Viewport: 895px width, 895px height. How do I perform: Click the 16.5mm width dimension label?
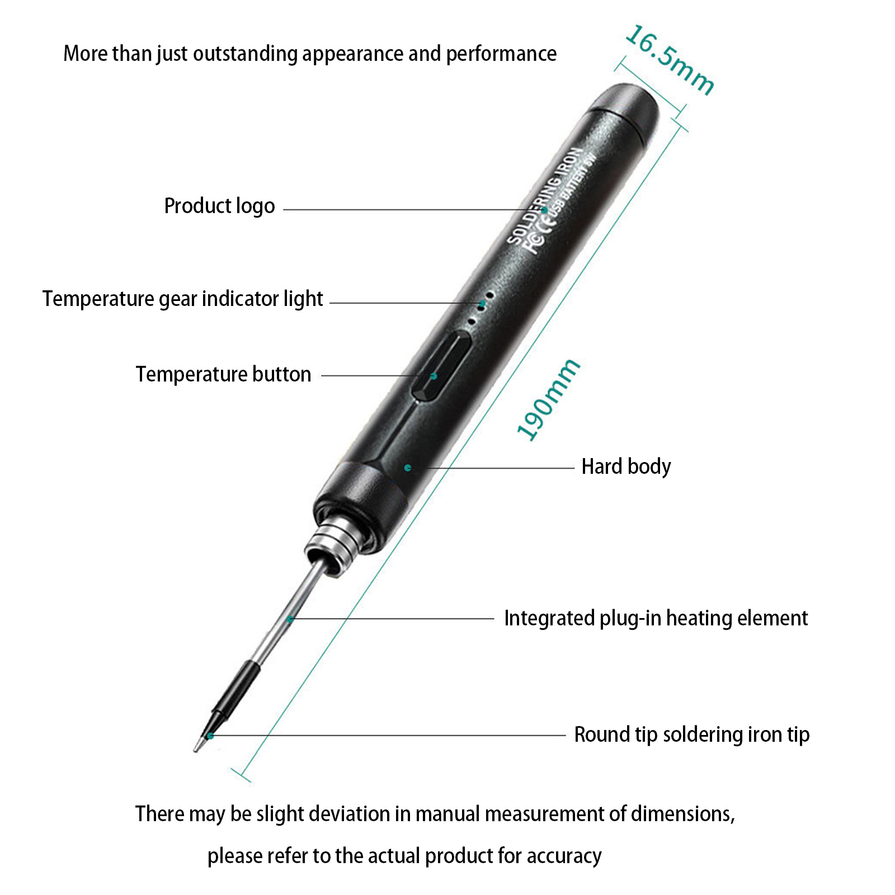pyautogui.click(x=670, y=60)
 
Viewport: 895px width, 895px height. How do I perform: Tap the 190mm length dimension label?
pyautogui.click(x=548, y=400)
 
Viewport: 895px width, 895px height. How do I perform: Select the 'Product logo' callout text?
pyautogui.click(x=219, y=206)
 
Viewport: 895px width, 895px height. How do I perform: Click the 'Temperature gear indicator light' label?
pyautogui.click(x=183, y=299)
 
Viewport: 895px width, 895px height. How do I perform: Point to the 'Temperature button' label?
pyautogui.click(x=223, y=374)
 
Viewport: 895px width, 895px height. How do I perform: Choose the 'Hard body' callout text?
pyautogui.click(x=626, y=467)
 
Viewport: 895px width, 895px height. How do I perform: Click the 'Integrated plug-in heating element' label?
pyautogui.click(x=656, y=619)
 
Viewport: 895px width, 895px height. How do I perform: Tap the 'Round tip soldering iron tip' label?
pyautogui.click(x=692, y=735)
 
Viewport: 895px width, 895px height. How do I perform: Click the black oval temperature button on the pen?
pyautogui.click(x=440, y=366)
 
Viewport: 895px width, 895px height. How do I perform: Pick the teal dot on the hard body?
pyautogui.click(x=408, y=468)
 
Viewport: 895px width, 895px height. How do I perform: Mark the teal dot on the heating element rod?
pyautogui.click(x=290, y=619)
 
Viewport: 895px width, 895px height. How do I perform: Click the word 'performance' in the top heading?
pyautogui.click(x=501, y=54)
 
